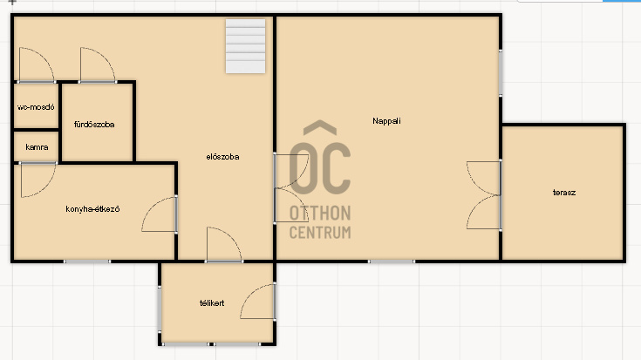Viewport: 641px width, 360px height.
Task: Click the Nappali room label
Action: (386, 121)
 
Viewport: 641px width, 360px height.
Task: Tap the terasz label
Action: (564, 193)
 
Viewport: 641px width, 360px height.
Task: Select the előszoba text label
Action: (222, 157)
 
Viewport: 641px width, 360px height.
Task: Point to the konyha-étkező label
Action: (92, 209)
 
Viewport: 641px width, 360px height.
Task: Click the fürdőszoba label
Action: (94, 125)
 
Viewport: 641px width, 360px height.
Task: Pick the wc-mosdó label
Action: (36, 107)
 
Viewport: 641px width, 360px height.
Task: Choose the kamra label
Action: (37, 147)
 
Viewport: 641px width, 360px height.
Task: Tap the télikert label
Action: (212, 303)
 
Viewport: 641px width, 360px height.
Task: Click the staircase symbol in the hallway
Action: (245, 46)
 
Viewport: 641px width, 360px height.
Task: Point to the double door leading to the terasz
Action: (484, 195)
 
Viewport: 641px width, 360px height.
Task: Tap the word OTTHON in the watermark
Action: (320, 214)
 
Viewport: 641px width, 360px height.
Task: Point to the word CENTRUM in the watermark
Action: (320, 233)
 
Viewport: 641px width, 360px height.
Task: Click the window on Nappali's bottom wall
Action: (392, 262)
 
